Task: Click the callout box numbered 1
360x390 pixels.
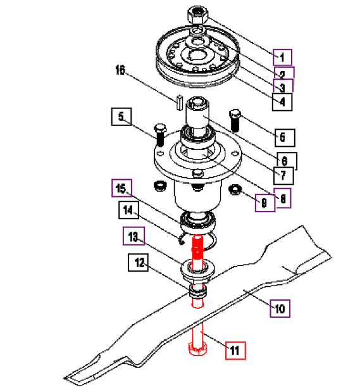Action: click(x=282, y=57)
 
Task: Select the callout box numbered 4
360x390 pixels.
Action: click(x=282, y=102)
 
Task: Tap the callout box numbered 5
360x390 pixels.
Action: click(x=121, y=116)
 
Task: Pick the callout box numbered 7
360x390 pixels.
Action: click(x=283, y=175)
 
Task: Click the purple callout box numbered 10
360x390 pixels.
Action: click(x=280, y=308)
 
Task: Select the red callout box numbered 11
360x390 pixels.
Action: click(x=235, y=351)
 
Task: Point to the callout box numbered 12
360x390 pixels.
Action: click(x=138, y=262)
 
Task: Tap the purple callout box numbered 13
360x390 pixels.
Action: click(x=133, y=236)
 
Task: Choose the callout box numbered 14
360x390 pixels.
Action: click(x=128, y=210)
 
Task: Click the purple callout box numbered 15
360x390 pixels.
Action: click(x=121, y=188)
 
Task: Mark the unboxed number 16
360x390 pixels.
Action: click(x=120, y=70)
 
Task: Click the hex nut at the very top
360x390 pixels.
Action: click(x=197, y=15)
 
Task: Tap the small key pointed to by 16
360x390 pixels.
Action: click(x=180, y=102)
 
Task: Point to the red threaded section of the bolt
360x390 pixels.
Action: click(x=197, y=247)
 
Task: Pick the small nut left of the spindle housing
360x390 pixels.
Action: click(x=160, y=186)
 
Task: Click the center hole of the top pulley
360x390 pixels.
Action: click(x=197, y=54)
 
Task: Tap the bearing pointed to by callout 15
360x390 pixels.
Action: click(x=198, y=222)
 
